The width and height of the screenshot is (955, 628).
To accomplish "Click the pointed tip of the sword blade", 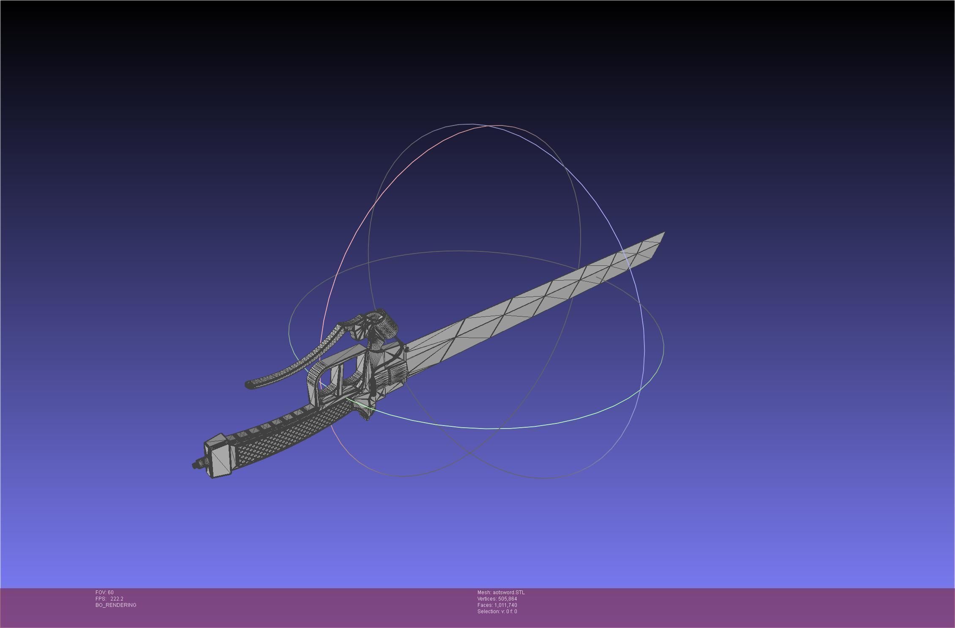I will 663,234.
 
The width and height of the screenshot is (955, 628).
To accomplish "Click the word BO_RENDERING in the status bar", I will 116,605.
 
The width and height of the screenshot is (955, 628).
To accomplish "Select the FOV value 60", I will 111,592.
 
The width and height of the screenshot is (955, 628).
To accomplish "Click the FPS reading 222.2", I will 117,598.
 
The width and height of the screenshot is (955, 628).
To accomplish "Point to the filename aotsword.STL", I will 509,592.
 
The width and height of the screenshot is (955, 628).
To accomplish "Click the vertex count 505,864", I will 508,598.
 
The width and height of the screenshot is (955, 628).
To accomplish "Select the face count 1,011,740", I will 506,605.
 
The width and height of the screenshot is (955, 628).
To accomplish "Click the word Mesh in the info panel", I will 484,592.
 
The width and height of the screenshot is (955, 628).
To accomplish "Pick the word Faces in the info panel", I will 485,605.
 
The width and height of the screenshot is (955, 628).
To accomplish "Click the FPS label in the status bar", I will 100,598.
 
